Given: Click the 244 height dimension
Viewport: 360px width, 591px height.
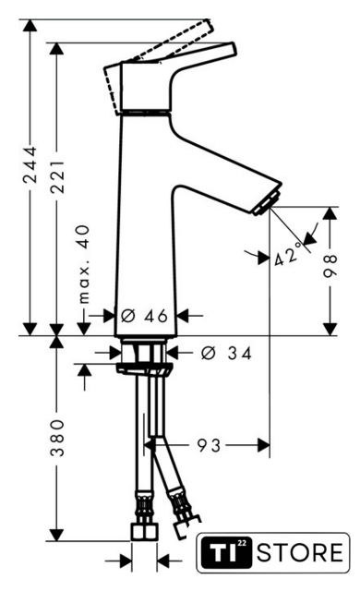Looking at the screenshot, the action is coord(30,165).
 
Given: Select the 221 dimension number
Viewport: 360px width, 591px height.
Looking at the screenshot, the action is coord(57,176).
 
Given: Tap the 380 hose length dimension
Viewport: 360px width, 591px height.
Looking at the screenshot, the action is coord(57,437).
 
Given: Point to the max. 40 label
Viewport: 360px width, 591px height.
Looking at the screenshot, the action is coord(84,264).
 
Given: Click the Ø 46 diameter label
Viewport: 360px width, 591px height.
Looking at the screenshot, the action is coord(144,316).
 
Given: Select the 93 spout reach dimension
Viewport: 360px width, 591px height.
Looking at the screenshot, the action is coord(210,445).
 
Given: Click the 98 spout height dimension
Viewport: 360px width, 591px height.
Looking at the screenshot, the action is coord(330,266).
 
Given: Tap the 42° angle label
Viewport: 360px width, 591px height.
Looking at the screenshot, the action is coord(288,254).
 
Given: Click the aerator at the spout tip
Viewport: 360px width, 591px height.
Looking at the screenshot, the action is coord(267,203).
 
